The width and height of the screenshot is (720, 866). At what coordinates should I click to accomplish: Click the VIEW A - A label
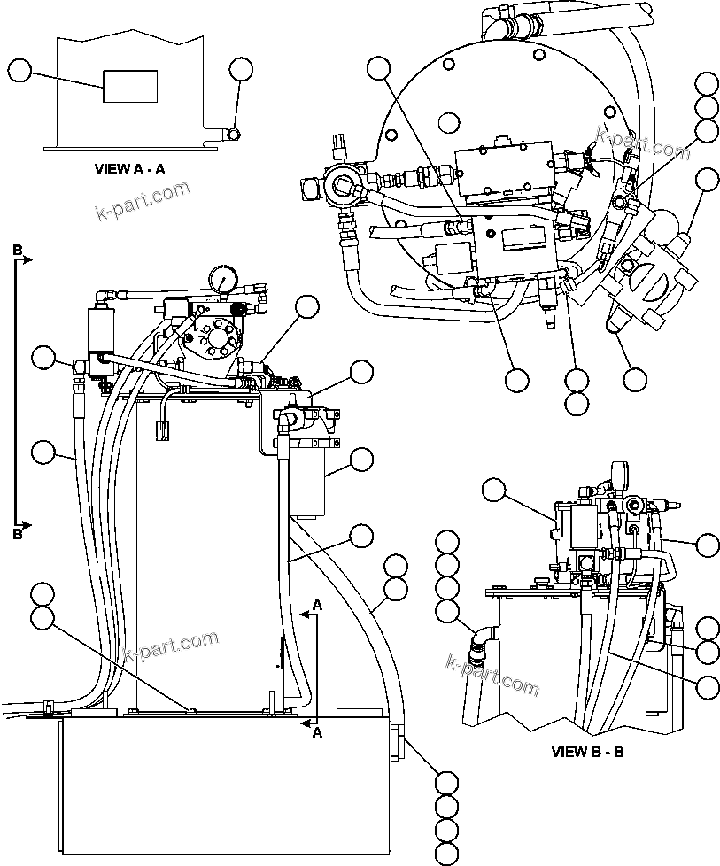coord(128,169)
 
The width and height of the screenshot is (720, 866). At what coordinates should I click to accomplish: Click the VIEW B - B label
coord(588,752)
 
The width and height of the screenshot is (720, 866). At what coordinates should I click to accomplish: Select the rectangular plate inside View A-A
coord(130,86)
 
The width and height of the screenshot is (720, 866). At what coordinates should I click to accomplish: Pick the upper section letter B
coord(18,251)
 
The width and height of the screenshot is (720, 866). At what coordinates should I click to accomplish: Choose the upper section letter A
coord(317,605)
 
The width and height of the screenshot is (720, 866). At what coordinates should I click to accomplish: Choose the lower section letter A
coord(317,732)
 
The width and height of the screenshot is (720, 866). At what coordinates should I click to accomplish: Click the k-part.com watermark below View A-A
coord(142,200)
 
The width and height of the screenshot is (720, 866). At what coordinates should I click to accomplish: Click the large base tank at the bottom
coord(221,788)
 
